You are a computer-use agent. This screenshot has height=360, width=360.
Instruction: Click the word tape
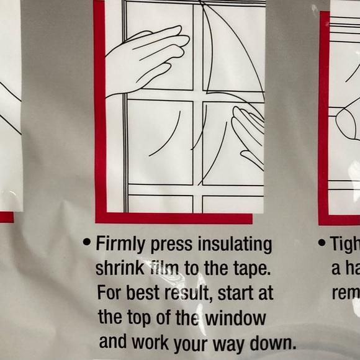pos(251,269)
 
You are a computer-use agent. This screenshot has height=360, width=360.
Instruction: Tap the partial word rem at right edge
pos(346,293)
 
